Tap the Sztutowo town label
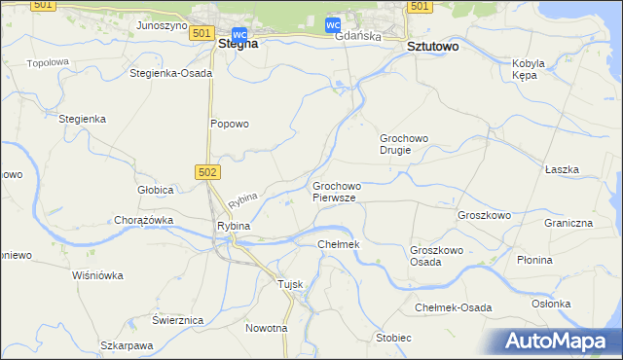click(433, 46)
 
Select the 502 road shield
click(209, 172)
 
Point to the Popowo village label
click(231, 124)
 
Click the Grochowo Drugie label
click(404, 144)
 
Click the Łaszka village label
click(562, 169)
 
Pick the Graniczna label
click(568, 223)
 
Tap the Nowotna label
click(267, 328)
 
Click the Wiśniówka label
click(98, 275)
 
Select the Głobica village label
click(155, 190)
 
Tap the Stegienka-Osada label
click(170, 73)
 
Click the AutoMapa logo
click(558, 342)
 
